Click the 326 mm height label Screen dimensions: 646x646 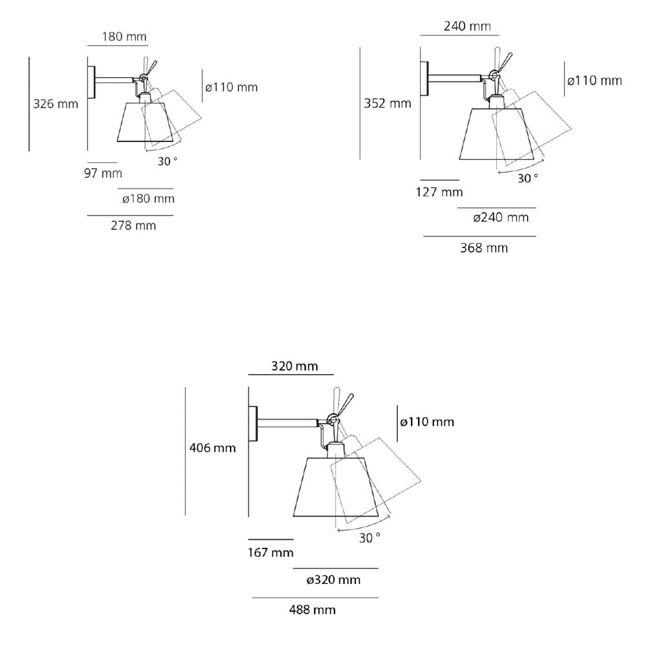click(56, 103)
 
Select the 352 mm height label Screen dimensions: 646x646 click(387, 103)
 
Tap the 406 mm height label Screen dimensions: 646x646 click(213, 447)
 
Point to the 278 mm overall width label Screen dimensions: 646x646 click(133, 225)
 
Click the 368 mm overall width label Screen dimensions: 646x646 click(484, 247)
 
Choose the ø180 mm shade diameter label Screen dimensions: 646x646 click(148, 198)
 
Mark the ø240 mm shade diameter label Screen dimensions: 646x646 click(501, 217)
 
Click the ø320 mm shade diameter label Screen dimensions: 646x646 click(333, 579)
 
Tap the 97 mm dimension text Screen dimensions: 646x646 click(103, 173)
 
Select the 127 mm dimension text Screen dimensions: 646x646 click(439, 192)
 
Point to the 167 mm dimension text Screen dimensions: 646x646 click(271, 552)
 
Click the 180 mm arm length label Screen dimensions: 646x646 click(124, 36)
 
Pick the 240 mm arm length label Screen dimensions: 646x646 click(467, 26)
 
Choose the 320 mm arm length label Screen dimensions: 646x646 click(295, 366)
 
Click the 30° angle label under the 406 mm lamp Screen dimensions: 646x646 click(370, 537)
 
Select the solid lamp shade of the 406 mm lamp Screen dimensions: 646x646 click(326, 488)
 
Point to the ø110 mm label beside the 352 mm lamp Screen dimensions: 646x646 click(594, 80)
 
